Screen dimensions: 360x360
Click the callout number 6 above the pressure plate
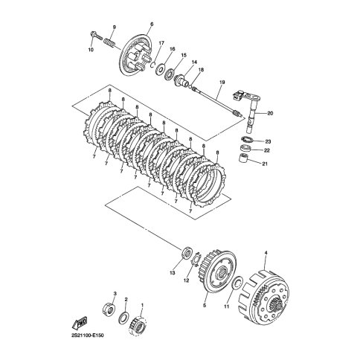coord(152,25)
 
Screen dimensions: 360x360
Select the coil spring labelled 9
coord(109,42)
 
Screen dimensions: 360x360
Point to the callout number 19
coord(222,82)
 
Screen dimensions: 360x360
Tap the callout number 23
coord(268,141)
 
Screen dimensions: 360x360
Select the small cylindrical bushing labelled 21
coord(244,158)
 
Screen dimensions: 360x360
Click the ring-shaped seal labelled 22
coord(245,149)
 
